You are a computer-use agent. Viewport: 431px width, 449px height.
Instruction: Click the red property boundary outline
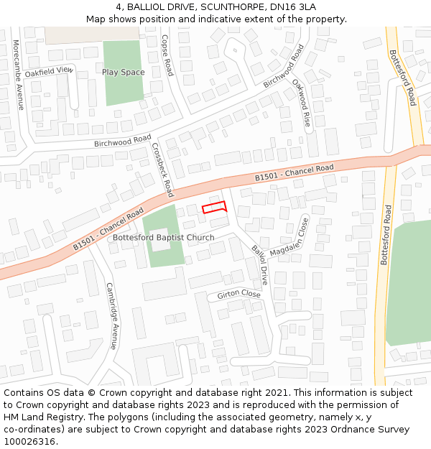pos(214,208)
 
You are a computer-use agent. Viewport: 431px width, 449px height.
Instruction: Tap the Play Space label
pos(123,72)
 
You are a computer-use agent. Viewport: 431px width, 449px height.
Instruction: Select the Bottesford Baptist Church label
pos(164,238)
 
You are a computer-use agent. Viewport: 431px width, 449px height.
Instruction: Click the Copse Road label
pos(167,55)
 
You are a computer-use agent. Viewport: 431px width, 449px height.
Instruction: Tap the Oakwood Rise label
pos(302,102)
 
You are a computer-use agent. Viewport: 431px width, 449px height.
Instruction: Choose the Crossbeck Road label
pos(162,170)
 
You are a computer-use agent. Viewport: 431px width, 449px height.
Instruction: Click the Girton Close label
pos(238,294)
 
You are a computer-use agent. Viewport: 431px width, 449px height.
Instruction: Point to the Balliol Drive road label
pos(259,265)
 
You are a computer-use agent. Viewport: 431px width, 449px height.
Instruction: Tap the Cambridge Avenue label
pos(111,315)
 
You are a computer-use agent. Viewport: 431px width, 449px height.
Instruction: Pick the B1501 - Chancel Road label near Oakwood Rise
pos(295,172)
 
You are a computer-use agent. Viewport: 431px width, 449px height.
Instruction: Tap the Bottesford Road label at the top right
pos(402,78)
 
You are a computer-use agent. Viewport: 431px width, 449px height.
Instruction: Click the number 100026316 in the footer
pos(29,441)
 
